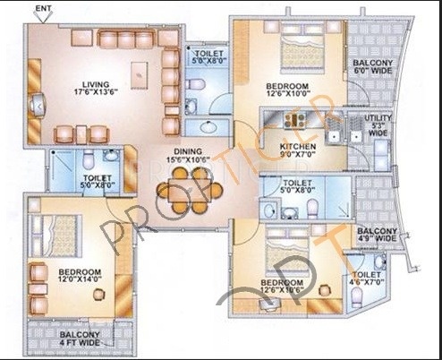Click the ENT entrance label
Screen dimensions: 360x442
(x=41, y=10)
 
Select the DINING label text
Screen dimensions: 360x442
(x=187, y=151)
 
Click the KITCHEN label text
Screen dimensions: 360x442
(x=299, y=145)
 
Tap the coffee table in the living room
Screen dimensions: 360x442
(x=138, y=72)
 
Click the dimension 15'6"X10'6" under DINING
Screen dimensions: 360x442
(x=187, y=162)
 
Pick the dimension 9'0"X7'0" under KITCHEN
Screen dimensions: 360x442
(x=299, y=156)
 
